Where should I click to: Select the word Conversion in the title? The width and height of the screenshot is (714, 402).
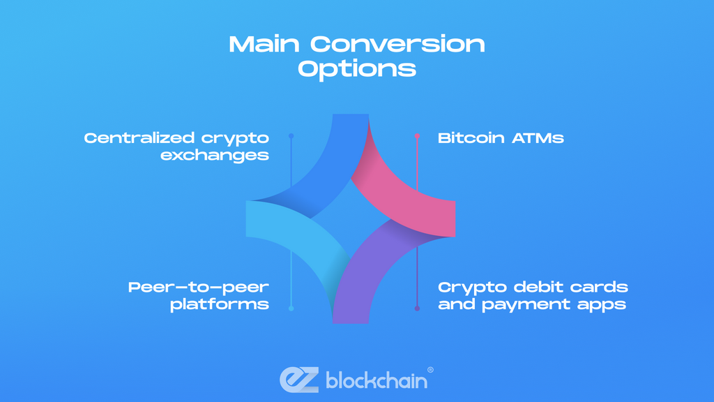(397, 45)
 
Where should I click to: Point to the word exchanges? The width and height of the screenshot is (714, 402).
(215, 155)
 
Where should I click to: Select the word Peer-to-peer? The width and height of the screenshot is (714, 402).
(199, 287)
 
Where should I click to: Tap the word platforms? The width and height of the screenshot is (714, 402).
(220, 304)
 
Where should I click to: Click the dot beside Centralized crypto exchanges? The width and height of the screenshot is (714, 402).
(291, 136)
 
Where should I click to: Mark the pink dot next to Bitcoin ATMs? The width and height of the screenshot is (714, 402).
(417, 136)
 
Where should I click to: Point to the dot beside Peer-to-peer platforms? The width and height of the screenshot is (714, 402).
(291, 308)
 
